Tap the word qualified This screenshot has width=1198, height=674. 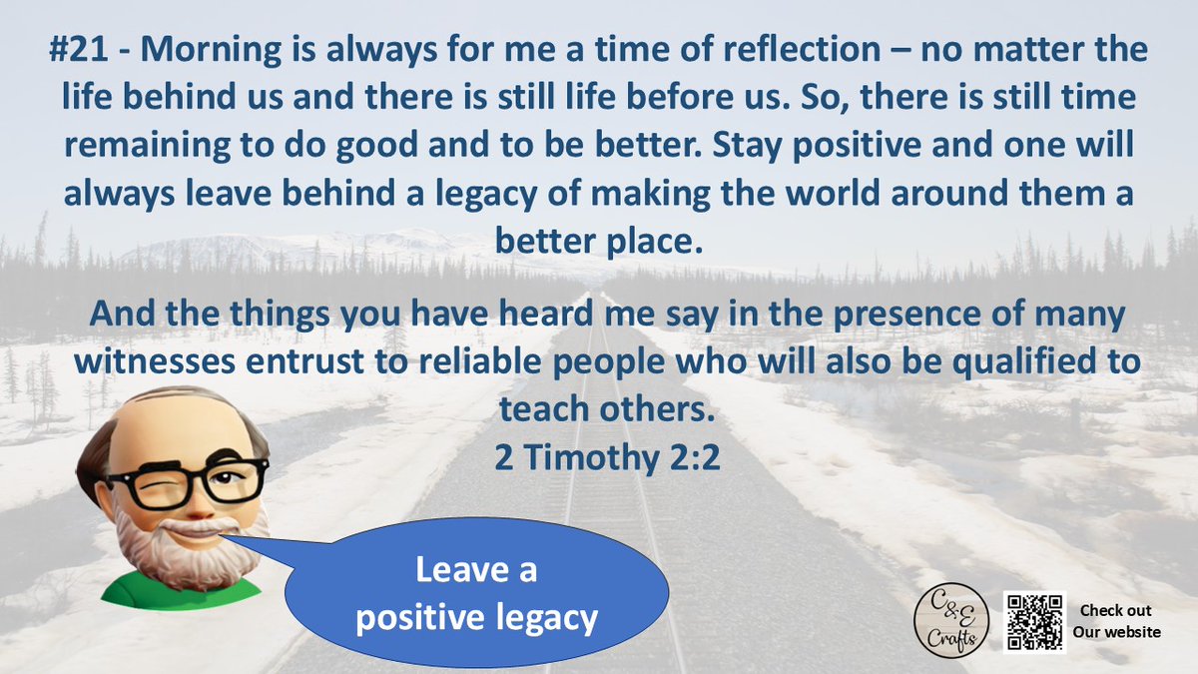pyautogui.click(x=1019, y=360)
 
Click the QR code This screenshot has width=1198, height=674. pyautogui.click(x=1036, y=622)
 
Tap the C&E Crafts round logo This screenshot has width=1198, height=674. pyautogui.click(x=949, y=621)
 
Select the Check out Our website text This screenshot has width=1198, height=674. pyautogui.click(x=1116, y=621)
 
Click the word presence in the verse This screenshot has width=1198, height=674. pyautogui.click(x=815, y=314)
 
